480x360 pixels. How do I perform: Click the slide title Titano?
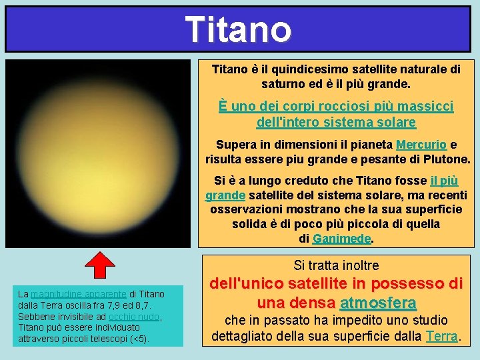coord(239,29)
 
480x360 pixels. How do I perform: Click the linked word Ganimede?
coord(341,239)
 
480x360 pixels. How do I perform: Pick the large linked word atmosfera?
coord(378,303)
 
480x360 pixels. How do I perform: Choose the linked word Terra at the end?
coord(441,336)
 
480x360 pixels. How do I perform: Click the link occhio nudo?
coord(133,316)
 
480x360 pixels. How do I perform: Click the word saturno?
coord(284,85)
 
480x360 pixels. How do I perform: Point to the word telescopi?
coord(108,339)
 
